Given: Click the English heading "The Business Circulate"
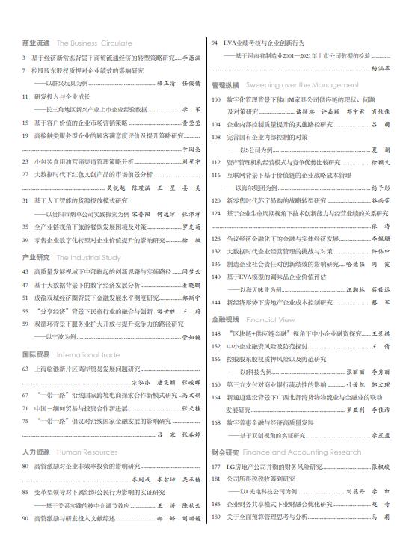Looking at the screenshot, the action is (94, 44).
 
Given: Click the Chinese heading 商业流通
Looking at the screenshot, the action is (37, 44).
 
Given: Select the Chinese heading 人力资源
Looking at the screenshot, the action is (37, 452).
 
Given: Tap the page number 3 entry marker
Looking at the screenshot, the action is (25, 58).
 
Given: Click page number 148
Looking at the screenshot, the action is (217, 333).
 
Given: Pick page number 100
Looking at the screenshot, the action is (217, 99).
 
